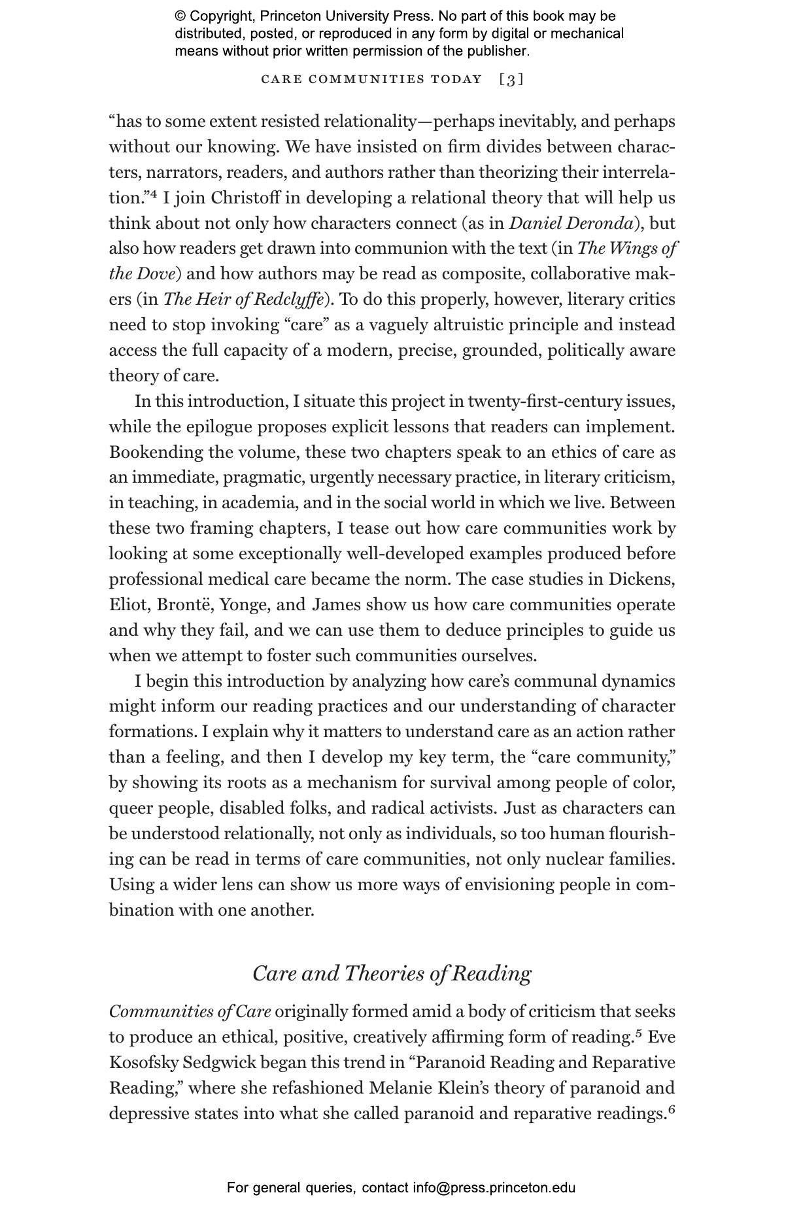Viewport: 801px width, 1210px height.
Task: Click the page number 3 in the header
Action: click(511, 80)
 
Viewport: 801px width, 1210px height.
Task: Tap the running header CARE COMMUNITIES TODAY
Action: click(371, 80)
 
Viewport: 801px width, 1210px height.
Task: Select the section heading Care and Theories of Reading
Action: click(392, 973)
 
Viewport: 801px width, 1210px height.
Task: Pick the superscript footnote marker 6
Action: click(671, 1109)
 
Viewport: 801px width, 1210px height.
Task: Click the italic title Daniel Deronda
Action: click(571, 224)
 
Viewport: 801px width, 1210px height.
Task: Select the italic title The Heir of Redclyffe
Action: click(243, 300)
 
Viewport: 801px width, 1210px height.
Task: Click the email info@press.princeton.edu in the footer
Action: click(494, 1188)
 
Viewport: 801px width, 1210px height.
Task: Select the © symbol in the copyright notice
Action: click(180, 16)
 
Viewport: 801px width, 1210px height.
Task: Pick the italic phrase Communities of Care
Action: click(190, 1012)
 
